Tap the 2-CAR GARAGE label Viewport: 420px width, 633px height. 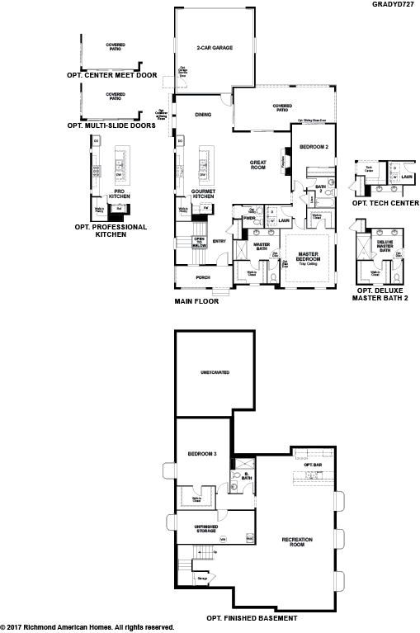(215, 49)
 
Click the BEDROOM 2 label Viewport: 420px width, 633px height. (314, 146)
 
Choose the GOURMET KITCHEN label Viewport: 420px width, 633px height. (203, 193)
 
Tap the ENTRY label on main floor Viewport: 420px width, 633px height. (219, 241)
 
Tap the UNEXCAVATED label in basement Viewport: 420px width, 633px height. (215, 373)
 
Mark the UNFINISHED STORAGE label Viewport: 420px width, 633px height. (205, 529)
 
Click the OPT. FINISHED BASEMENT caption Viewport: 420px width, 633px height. (252, 616)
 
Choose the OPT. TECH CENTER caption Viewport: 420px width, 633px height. (385, 202)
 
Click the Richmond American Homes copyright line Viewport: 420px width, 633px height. (87, 627)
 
